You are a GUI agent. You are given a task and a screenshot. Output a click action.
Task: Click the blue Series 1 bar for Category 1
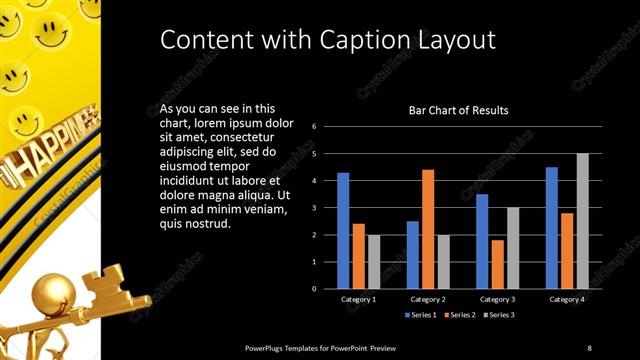tap(343, 231)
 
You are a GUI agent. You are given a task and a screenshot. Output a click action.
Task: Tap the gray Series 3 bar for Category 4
tap(582, 221)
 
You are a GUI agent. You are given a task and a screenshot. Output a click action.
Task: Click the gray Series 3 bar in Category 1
tap(374, 262)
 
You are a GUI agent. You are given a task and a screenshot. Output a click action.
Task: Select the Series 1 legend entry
tap(420, 315)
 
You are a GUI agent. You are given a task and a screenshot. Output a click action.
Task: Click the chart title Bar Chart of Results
tap(459, 109)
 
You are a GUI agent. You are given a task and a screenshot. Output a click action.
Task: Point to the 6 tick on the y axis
tap(314, 127)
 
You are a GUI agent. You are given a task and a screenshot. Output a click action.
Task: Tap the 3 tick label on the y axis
tap(314, 208)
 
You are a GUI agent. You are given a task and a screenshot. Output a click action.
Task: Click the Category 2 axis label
tap(428, 300)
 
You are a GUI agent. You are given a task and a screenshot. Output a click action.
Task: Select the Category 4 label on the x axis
tap(567, 300)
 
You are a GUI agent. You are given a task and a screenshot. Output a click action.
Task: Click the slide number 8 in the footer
tap(589, 347)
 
